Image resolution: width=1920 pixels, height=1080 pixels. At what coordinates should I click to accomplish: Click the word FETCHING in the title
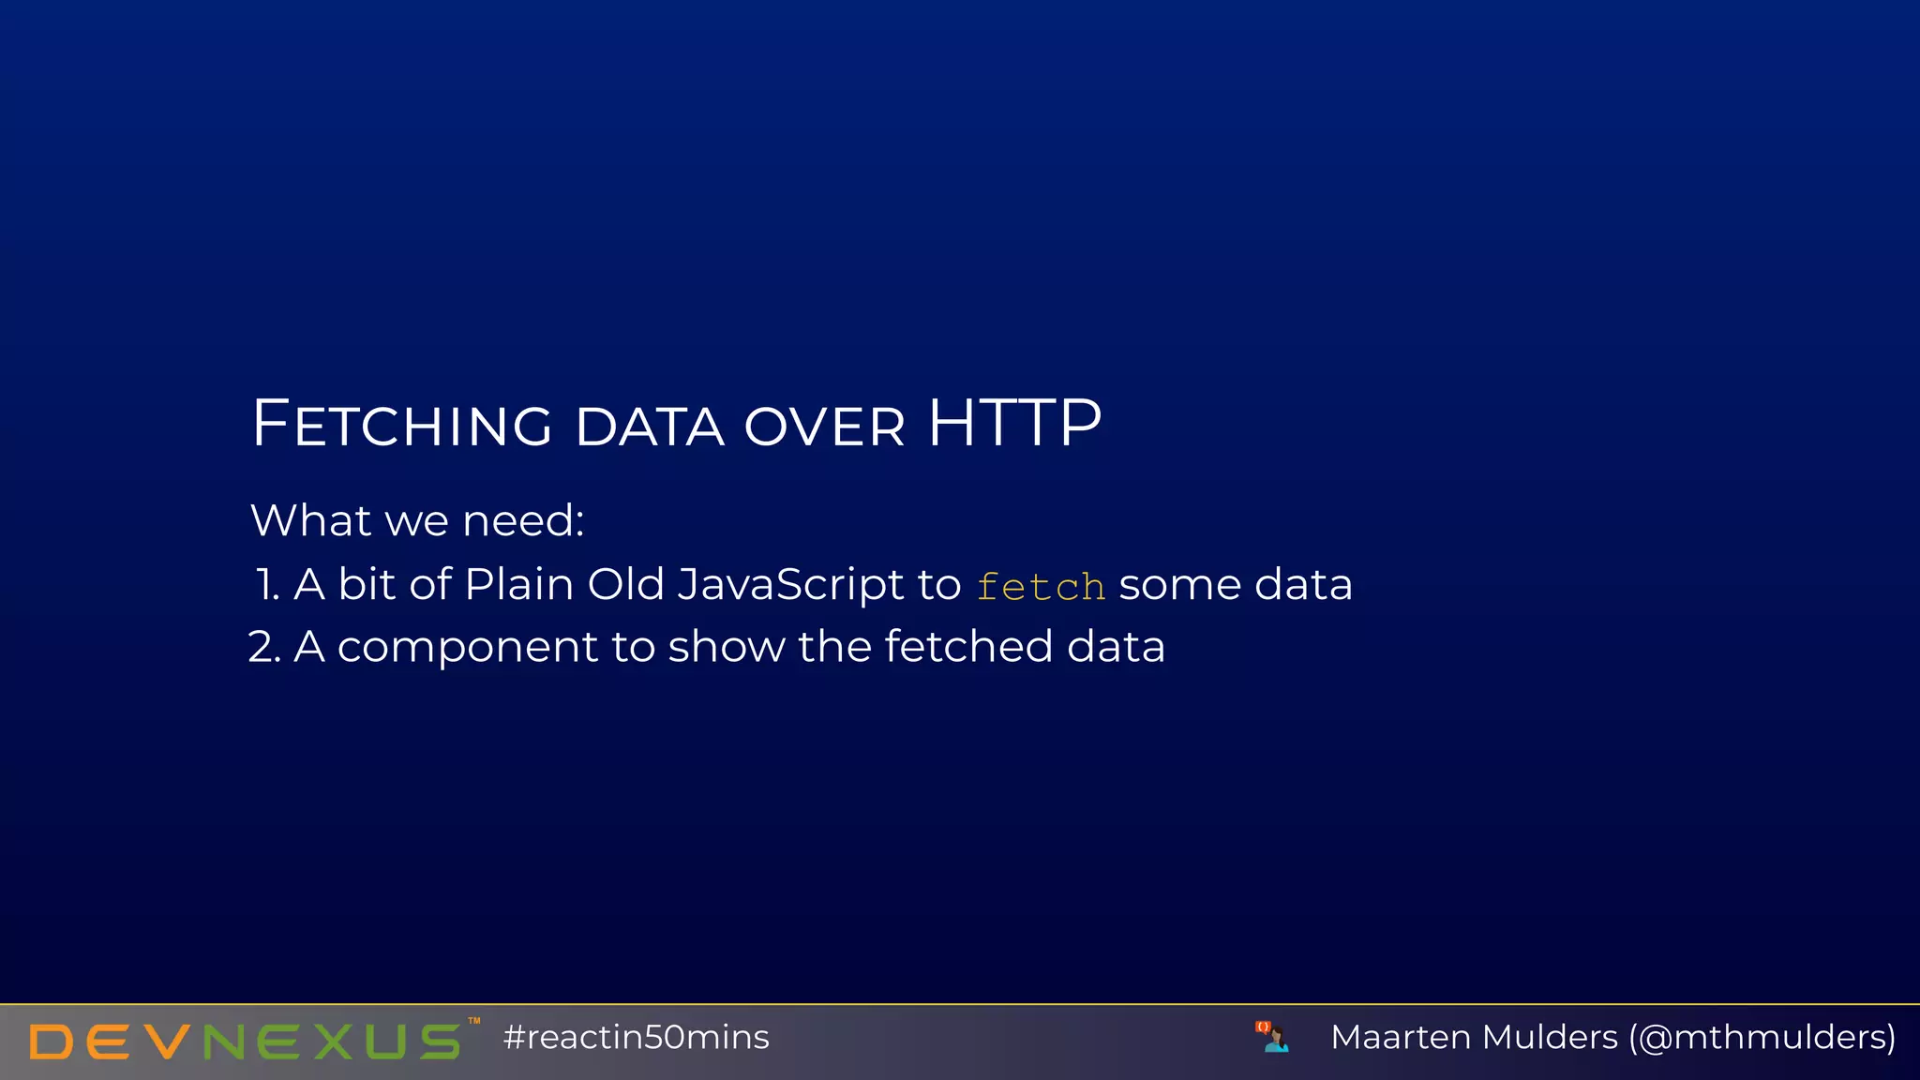(x=402, y=425)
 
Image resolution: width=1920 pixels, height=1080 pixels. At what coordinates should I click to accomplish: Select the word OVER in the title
(x=825, y=427)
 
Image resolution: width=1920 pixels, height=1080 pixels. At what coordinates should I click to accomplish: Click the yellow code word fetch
(x=1041, y=587)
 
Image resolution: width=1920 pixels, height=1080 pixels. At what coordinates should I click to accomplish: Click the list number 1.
(x=266, y=585)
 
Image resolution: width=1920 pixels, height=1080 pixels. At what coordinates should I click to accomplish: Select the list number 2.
(x=263, y=647)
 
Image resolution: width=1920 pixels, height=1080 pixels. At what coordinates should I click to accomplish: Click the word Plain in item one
(x=518, y=585)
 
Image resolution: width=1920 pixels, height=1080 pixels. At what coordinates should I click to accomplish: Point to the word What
(x=310, y=520)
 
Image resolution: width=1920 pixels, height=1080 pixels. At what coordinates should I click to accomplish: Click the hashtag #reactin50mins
(x=636, y=1038)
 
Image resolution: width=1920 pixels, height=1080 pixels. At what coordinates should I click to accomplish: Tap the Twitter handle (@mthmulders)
(x=1762, y=1038)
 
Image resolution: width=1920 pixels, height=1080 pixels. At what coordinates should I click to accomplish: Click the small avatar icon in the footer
(x=1273, y=1037)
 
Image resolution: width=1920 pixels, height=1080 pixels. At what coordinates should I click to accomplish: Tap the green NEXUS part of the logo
(x=333, y=1042)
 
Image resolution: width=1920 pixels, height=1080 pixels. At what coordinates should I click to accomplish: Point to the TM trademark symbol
(x=474, y=1021)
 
